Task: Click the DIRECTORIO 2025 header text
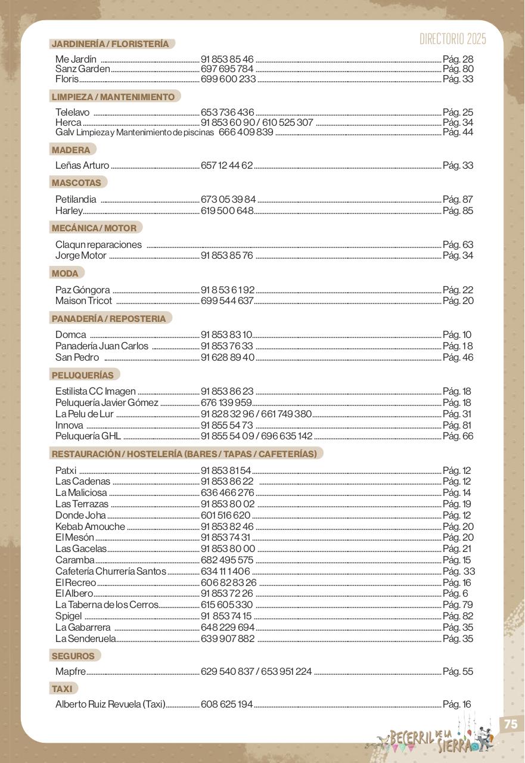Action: tap(452, 39)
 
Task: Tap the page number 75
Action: tap(510, 724)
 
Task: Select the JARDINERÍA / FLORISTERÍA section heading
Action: tap(110, 44)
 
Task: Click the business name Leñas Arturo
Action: tap(82, 165)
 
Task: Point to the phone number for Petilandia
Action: tap(228, 199)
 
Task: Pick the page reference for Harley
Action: tap(458, 210)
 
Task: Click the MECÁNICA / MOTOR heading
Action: tap(94, 228)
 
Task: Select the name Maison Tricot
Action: tap(83, 300)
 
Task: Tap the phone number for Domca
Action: tap(226, 334)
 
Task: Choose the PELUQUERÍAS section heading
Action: tap(83, 375)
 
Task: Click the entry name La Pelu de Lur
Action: tap(84, 414)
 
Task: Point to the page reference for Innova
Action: tap(457, 425)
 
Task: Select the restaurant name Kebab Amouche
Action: tap(90, 526)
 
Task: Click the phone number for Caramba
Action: tap(227, 560)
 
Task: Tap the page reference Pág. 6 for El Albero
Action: tap(455, 593)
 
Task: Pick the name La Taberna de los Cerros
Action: tap(107, 604)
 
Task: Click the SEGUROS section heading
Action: tap(73, 656)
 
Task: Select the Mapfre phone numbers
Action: tap(256, 671)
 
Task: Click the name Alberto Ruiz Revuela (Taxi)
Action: tap(110, 704)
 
